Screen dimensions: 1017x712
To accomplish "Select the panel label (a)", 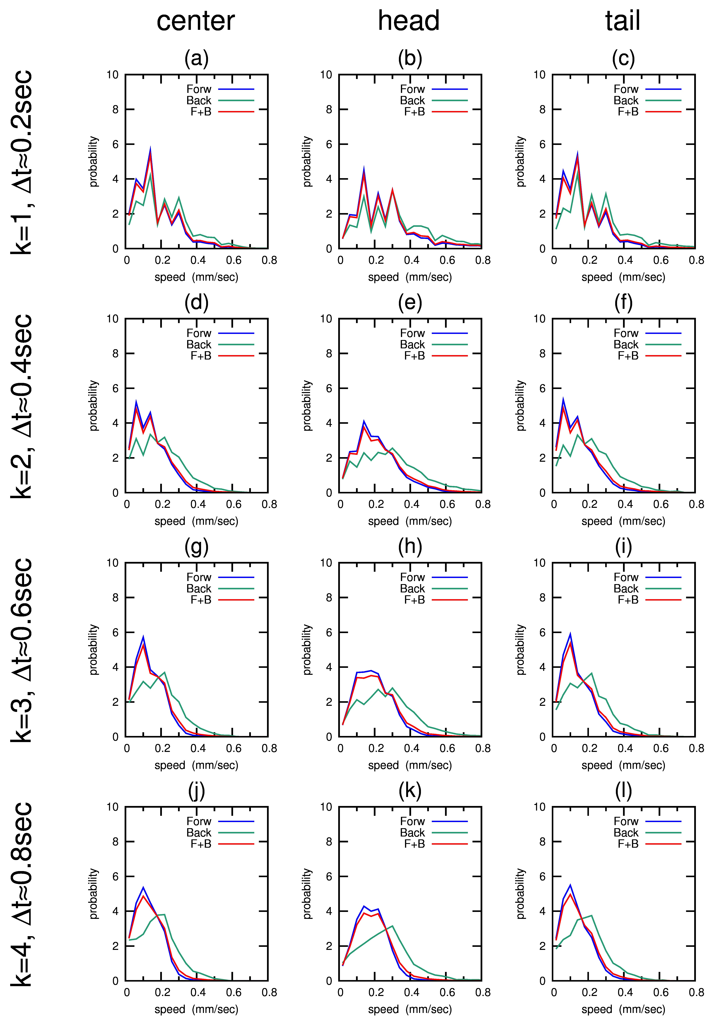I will point(196,58).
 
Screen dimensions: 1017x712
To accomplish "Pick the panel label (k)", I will point(410,791).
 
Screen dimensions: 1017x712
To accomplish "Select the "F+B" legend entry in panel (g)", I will point(201,600).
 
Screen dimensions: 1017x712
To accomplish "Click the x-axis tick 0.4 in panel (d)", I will point(198,504).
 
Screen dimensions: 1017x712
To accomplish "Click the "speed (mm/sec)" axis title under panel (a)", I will point(196,277).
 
